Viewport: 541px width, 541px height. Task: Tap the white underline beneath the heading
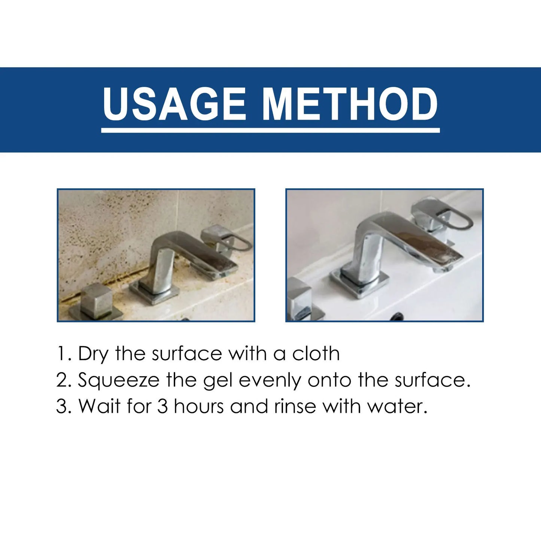(270, 130)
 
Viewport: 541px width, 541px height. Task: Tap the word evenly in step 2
(270, 381)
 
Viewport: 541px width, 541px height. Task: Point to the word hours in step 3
(199, 406)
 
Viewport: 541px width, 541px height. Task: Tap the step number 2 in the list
(61, 381)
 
